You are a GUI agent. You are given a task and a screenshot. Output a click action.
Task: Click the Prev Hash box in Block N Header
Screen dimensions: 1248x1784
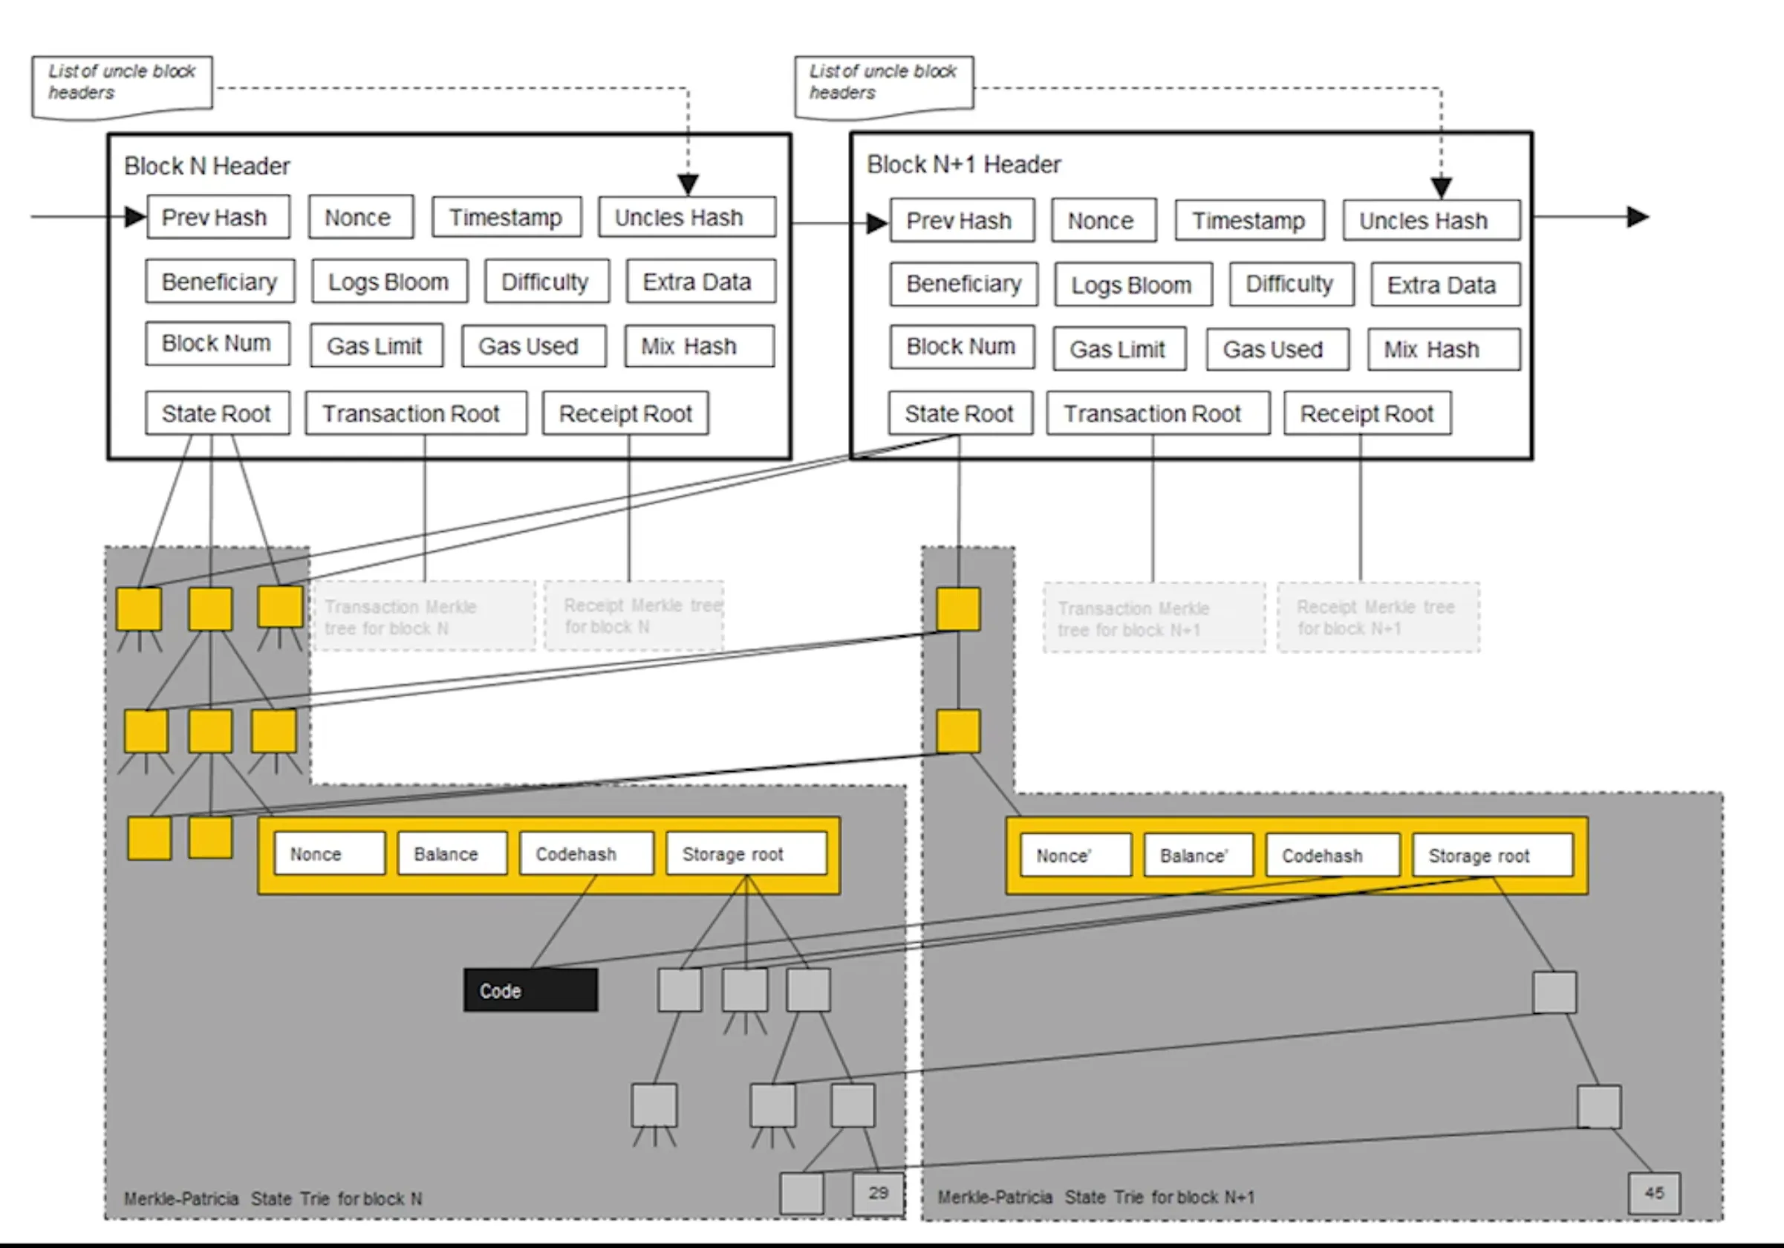tap(218, 217)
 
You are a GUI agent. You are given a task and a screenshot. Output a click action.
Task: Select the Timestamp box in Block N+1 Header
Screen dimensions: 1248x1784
tap(1249, 221)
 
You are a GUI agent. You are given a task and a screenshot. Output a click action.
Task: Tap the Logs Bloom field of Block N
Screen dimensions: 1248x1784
tap(389, 282)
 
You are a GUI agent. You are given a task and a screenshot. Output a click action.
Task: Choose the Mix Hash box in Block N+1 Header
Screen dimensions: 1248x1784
tap(1443, 350)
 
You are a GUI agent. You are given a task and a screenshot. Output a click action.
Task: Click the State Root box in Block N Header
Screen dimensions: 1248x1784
tap(217, 414)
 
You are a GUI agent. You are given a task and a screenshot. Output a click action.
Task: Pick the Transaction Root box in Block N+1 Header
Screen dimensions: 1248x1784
tap(1158, 414)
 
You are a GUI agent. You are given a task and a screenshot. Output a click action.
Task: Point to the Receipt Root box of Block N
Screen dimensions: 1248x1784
tap(625, 414)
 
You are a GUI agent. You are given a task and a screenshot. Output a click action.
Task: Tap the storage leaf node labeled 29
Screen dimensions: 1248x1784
tap(878, 1193)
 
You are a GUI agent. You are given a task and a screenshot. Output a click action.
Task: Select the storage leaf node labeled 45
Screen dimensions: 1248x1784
tap(1654, 1193)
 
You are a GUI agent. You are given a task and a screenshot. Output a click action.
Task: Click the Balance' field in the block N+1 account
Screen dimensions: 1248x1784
tap(1197, 856)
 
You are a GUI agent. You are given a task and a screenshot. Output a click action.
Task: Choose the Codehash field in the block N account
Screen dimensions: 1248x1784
tap(586, 854)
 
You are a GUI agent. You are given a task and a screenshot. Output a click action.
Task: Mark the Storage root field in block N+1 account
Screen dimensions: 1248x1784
tap(1492, 856)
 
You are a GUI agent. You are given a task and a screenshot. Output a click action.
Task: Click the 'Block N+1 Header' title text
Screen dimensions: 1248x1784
tap(963, 165)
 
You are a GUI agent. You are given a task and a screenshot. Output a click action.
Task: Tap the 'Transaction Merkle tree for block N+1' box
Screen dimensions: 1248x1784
tap(1153, 619)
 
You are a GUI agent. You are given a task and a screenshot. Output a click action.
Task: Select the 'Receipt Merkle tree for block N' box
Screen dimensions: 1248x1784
tap(634, 615)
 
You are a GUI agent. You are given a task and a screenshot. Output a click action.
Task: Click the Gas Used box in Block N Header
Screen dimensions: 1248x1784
tap(533, 346)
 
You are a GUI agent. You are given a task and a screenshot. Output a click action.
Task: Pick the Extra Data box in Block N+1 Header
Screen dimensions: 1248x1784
tap(1445, 285)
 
